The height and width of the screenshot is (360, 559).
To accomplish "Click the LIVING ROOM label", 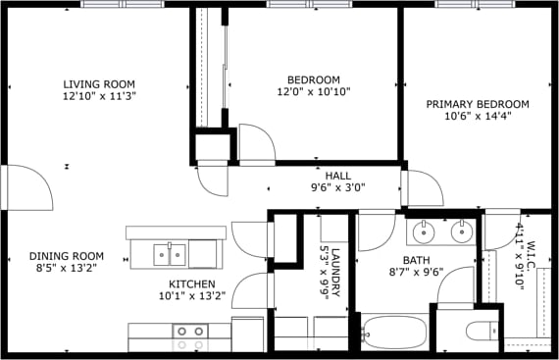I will (98, 83).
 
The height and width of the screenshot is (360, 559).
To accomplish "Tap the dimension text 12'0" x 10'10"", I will (313, 92).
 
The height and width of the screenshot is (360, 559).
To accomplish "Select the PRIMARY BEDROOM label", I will (477, 104).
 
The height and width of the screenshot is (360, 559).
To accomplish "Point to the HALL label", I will (338, 176).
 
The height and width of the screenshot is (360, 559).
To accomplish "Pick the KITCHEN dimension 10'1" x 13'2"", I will (192, 294).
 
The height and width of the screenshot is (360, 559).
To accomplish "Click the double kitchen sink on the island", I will (171, 255).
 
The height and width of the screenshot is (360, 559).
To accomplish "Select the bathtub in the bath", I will (394, 334).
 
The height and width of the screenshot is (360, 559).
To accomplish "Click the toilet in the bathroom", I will (482, 331).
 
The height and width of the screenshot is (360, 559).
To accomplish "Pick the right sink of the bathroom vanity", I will (459, 232).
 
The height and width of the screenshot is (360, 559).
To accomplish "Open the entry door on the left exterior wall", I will (27, 186).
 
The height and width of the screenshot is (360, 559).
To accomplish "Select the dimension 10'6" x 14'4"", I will (477, 116).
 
